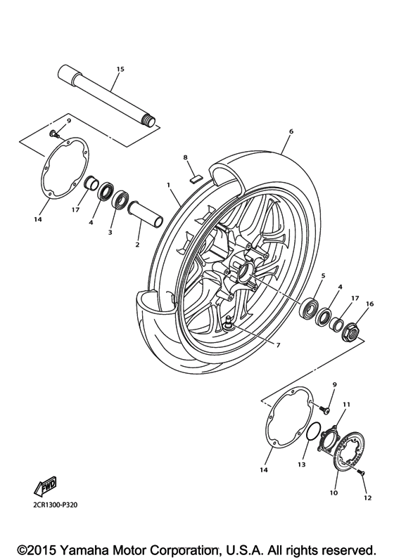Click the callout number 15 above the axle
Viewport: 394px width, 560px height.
(120, 69)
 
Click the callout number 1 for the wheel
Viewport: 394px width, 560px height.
(169, 184)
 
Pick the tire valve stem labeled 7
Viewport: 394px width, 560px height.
(230, 323)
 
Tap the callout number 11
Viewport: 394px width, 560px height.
(346, 405)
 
